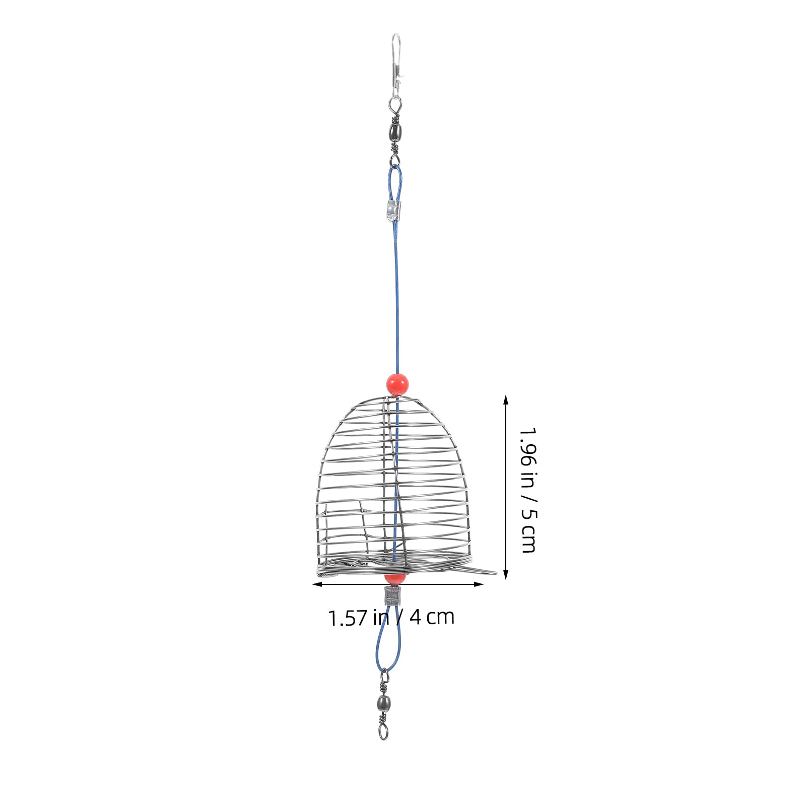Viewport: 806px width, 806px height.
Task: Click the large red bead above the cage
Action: point(397,384)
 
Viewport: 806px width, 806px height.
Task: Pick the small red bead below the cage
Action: point(394,579)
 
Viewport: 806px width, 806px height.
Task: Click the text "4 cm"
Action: point(432,617)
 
